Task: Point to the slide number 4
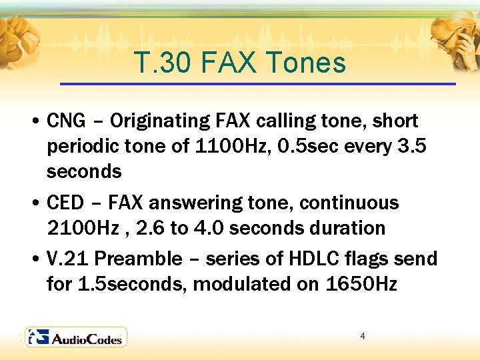coord(362,336)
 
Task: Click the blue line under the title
coord(257,84)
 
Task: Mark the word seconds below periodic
coord(84,171)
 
